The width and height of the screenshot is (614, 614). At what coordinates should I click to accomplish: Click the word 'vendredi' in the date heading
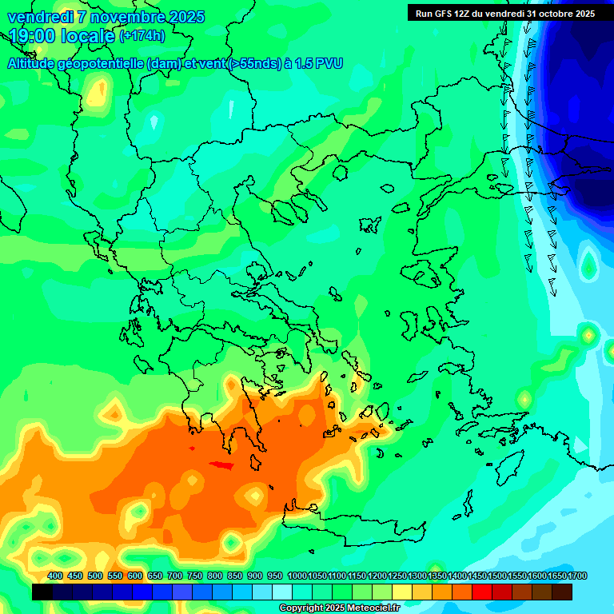(x=40, y=17)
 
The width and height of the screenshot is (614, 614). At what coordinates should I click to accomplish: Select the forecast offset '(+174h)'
(x=142, y=36)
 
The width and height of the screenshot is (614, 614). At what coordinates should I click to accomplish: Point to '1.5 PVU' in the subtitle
(x=318, y=64)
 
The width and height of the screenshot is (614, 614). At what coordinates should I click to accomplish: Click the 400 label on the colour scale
(x=55, y=576)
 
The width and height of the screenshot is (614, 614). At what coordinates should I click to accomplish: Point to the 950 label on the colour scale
(x=275, y=576)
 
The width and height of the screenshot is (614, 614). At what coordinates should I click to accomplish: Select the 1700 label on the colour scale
(x=556, y=576)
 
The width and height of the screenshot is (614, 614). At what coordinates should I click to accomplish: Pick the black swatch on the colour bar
(x=42, y=592)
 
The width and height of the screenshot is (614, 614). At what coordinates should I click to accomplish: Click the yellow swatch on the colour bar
(x=402, y=592)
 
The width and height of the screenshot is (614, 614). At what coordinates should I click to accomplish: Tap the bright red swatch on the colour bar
(x=482, y=592)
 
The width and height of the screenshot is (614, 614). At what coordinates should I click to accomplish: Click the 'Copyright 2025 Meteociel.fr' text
(x=339, y=608)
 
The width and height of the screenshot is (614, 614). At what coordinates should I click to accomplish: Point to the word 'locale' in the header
(x=86, y=36)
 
